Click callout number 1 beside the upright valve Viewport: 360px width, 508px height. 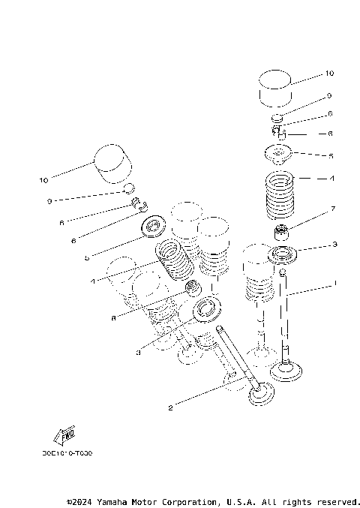click(x=335, y=284)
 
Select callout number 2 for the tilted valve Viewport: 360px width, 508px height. click(x=170, y=407)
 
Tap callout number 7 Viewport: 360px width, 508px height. click(x=331, y=208)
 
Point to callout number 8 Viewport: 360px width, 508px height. click(x=113, y=317)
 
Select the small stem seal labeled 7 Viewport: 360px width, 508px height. click(x=283, y=230)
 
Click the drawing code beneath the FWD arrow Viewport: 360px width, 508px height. click(x=68, y=453)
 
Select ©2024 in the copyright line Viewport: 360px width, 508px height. click(x=81, y=501)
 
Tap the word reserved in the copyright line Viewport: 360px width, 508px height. click(x=338, y=501)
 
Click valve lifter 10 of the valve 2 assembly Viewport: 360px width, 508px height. click(x=112, y=164)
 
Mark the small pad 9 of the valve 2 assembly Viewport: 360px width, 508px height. click(x=129, y=188)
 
